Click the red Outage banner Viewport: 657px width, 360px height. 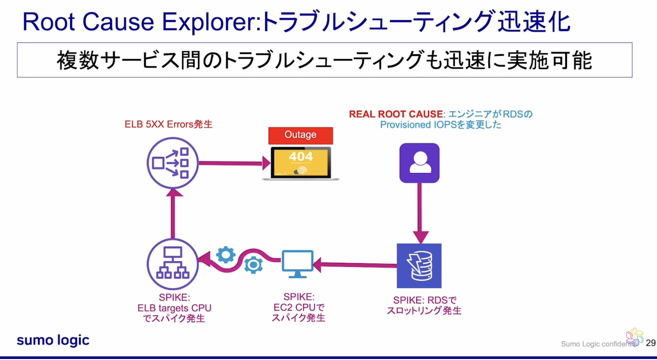click(x=300, y=135)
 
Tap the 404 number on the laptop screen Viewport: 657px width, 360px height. click(x=301, y=157)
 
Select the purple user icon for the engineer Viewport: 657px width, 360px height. click(x=419, y=163)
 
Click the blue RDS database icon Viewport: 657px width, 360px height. click(x=419, y=266)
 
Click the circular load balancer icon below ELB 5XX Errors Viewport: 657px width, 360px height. click(x=172, y=163)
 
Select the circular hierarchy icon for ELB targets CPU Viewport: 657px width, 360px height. click(x=172, y=264)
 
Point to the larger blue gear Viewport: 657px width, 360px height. click(x=226, y=255)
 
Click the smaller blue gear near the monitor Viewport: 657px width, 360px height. click(x=253, y=265)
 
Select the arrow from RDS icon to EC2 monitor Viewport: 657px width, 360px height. click(x=356, y=265)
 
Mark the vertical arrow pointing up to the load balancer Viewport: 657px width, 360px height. click(x=173, y=215)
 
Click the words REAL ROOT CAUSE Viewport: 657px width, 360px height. click(x=396, y=114)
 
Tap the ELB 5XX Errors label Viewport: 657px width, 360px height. click(x=168, y=124)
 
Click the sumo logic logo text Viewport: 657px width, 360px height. click(x=53, y=340)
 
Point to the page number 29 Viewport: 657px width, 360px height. click(x=650, y=343)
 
